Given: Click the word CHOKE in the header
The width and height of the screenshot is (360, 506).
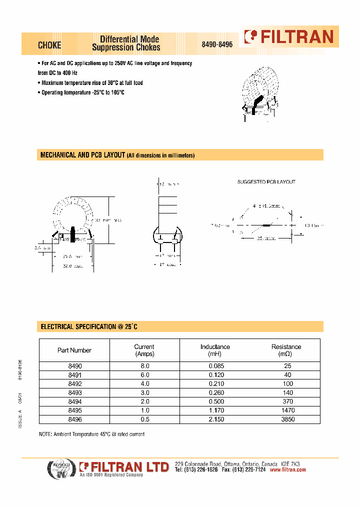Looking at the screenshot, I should (49, 45).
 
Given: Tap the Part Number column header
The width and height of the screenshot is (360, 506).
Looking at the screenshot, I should (74, 350).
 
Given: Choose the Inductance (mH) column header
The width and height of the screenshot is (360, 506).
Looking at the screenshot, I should (215, 350).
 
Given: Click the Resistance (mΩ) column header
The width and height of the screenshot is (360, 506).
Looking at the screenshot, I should (286, 350).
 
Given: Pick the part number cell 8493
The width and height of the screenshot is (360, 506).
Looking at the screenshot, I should (74, 393).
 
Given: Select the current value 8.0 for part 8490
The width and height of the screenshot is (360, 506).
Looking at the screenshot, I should (144, 366).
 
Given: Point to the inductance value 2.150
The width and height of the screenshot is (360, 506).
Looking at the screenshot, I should (215, 419).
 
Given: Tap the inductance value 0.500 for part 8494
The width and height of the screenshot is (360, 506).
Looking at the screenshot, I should (215, 402).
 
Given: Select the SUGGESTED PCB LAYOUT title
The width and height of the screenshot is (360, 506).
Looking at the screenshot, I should (266, 182).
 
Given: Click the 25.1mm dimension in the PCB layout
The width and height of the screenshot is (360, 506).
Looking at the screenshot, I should (265, 239).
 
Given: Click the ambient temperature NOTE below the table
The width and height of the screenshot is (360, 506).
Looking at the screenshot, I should (92, 434).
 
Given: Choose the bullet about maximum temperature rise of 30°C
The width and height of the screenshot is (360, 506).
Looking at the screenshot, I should (91, 83).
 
